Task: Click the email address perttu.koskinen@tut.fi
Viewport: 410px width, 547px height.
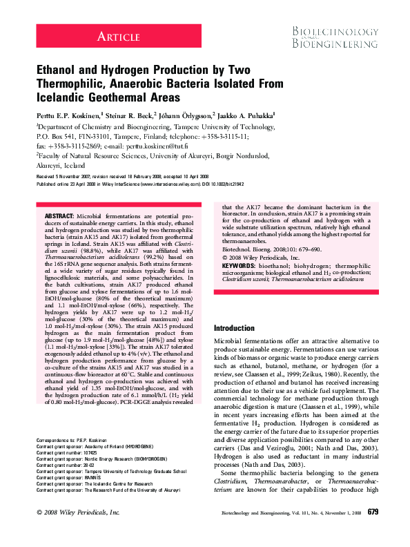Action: tap(155, 147)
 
